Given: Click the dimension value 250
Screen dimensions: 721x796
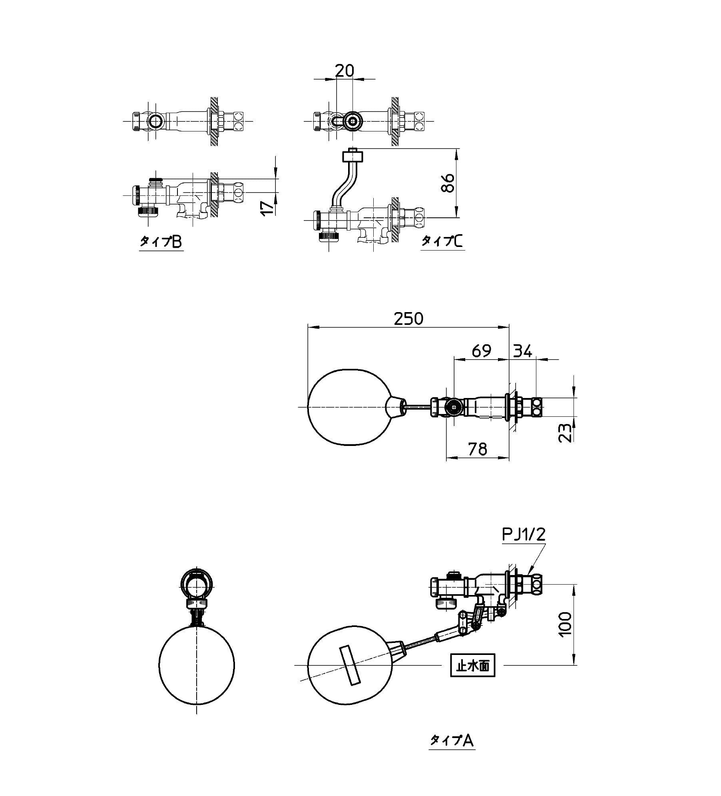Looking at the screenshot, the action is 408,318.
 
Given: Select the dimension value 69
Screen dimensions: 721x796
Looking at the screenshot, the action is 481,351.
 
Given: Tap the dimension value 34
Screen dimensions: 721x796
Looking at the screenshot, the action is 523,351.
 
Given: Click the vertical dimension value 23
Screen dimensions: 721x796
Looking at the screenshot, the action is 566,432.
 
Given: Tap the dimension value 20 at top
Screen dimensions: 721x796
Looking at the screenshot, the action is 344,70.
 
